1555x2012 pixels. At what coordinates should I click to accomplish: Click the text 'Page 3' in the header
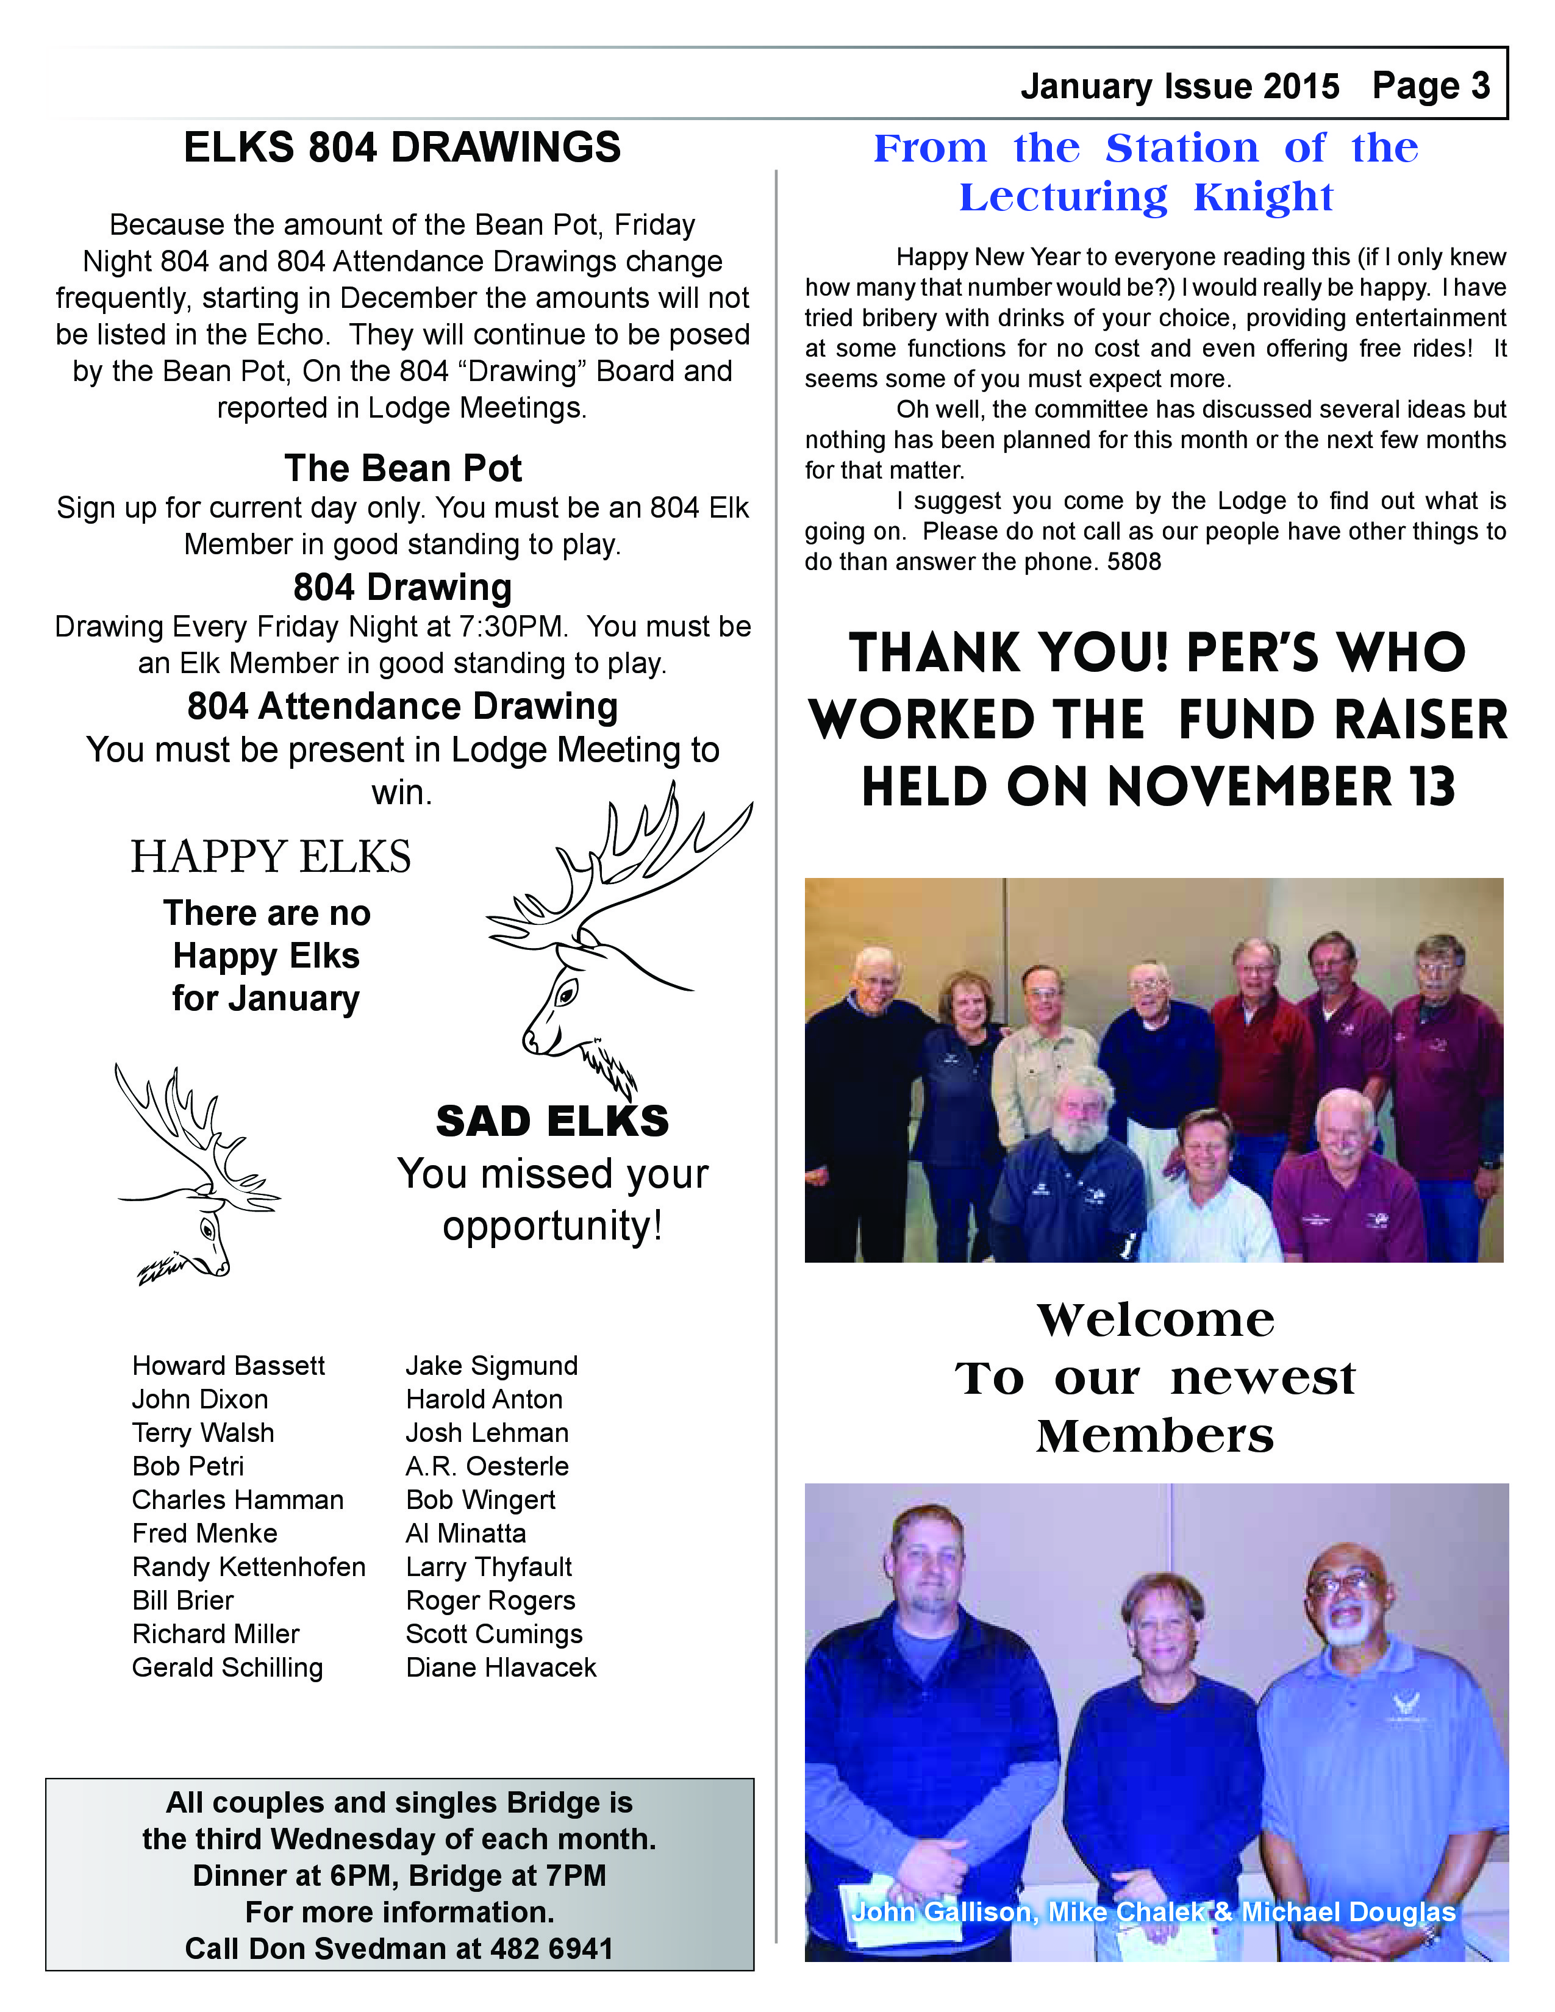1430,86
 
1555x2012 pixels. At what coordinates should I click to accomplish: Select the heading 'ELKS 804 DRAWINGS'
402,148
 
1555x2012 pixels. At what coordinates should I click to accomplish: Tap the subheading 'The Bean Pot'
402,468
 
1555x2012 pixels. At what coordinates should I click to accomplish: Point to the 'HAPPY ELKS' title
271,857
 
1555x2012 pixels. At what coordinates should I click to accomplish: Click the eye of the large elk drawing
567,992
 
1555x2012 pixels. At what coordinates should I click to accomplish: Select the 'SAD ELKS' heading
552,1121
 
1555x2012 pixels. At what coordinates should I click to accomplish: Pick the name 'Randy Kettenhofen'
249,1567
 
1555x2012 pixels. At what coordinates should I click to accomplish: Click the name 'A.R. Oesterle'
487,1466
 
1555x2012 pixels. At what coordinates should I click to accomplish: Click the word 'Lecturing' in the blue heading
1063,197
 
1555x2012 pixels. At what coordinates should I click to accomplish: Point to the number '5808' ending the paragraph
1134,562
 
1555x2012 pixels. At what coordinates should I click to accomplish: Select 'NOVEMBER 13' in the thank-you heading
1281,788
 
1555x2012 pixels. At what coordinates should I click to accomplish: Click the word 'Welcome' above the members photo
1155,1320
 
